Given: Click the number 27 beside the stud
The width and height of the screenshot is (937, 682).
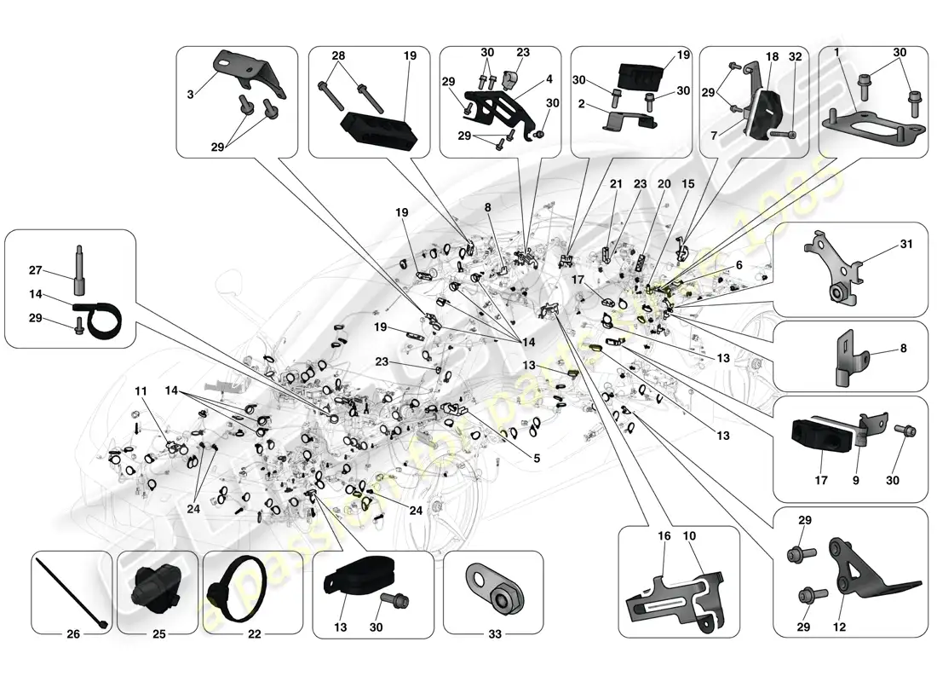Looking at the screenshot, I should point(35,270).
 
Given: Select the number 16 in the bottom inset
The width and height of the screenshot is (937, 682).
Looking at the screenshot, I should point(665,536).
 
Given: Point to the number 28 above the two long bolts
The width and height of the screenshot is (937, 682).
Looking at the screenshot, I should point(339,55).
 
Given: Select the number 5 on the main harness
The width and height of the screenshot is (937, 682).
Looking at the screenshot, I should point(537,459).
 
